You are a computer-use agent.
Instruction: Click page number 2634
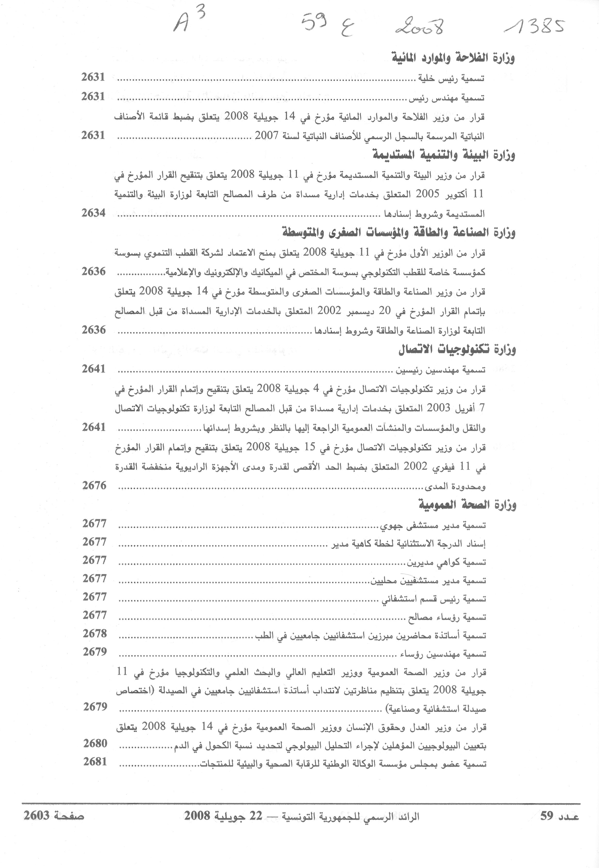pyautogui.click(x=93, y=213)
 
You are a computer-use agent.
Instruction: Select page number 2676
pyautogui.click(x=94, y=485)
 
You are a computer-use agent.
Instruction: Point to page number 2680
pyautogui.click(x=95, y=743)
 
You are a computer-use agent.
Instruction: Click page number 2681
pyautogui.click(x=95, y=762)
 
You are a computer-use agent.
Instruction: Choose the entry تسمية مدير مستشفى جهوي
pyautogui.click(x=434, y=525)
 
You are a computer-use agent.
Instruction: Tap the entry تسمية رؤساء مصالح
pyautogui.click(x=447, y=617)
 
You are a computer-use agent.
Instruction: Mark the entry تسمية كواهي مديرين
pyautogui.click(x=447, y=562)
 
